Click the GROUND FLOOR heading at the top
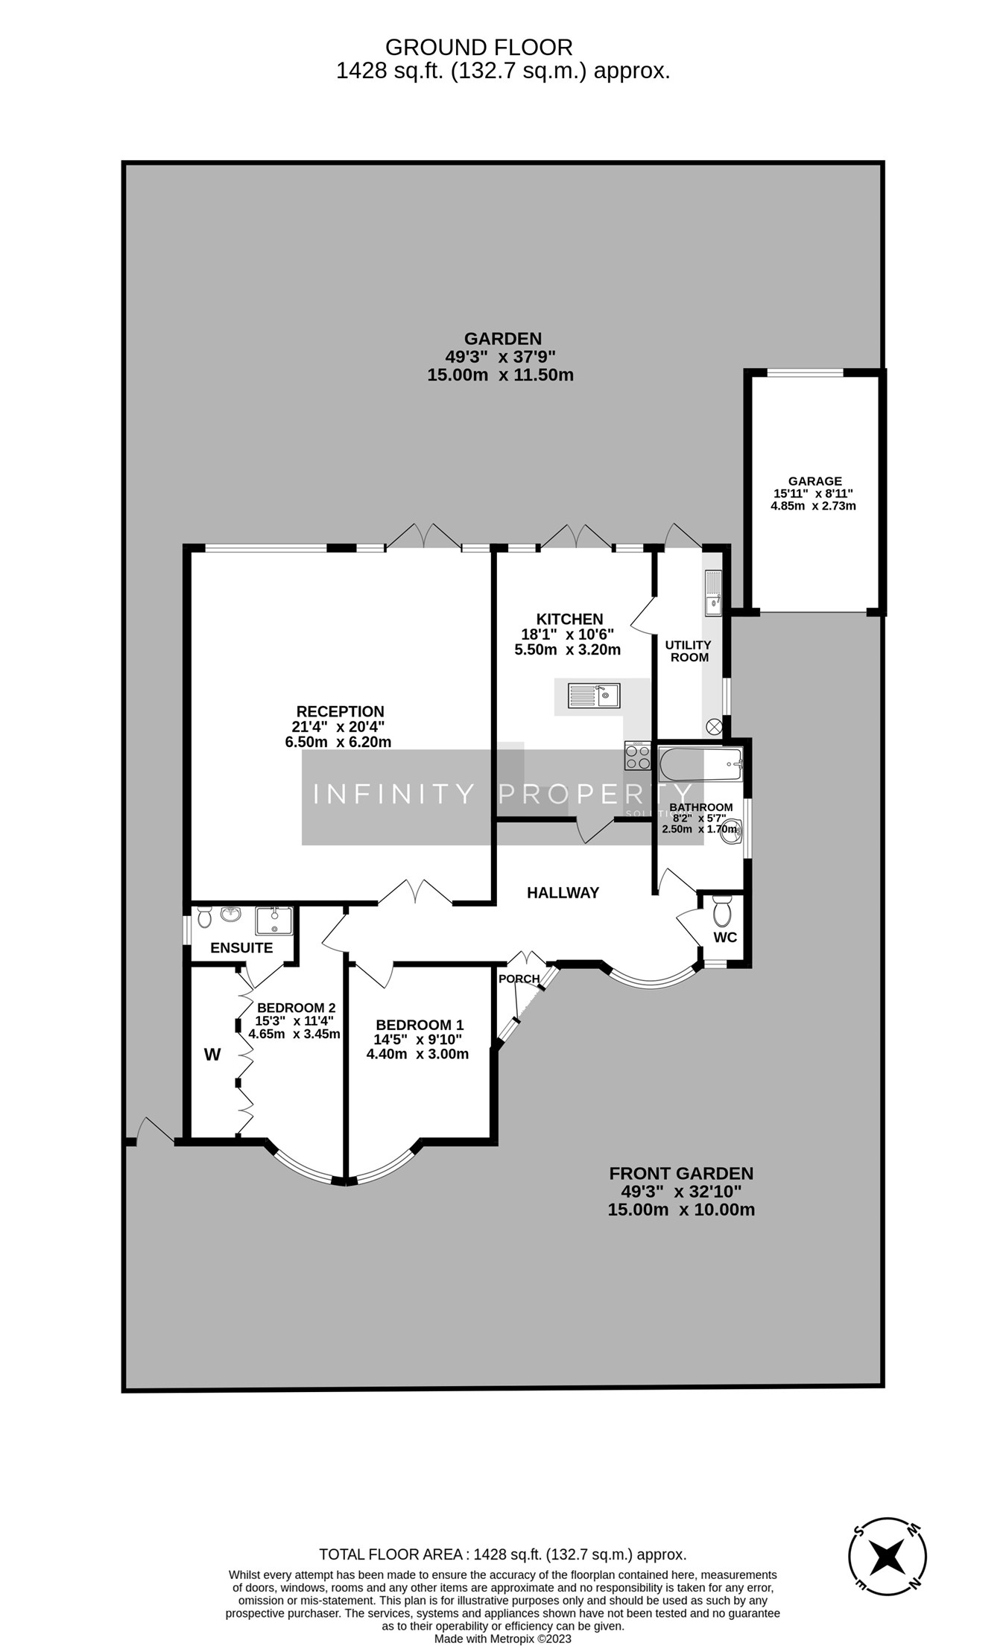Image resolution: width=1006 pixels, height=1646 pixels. click(478, 48)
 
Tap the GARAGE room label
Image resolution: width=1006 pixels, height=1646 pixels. click(814, 481)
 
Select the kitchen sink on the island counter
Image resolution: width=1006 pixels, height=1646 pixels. click(594, 695)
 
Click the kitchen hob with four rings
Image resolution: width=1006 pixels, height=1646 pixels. click(637, 756)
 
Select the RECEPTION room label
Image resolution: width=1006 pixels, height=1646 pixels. click(340, 711)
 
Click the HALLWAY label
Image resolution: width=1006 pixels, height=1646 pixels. click(563, 892)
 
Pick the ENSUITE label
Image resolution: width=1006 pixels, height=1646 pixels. click(241, 948)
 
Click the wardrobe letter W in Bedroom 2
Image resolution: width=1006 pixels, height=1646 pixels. click(212, 1055)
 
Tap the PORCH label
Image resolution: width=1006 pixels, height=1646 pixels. click(519, 979)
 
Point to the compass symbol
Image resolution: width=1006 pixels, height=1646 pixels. click(888, 1557)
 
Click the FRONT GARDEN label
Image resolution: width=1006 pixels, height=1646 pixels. click(681, 1173)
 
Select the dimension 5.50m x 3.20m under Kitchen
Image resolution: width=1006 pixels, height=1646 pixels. click(567, 649)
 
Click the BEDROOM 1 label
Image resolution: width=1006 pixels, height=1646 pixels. click(420, 1025)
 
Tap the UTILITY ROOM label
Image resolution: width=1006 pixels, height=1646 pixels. click(688, 650)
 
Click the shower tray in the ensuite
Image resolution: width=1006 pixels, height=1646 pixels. click(273, 921)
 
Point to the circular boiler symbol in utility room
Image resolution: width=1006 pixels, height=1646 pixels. click(714, 725)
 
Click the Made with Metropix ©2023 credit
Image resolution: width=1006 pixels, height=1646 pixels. click(503, 1638)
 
